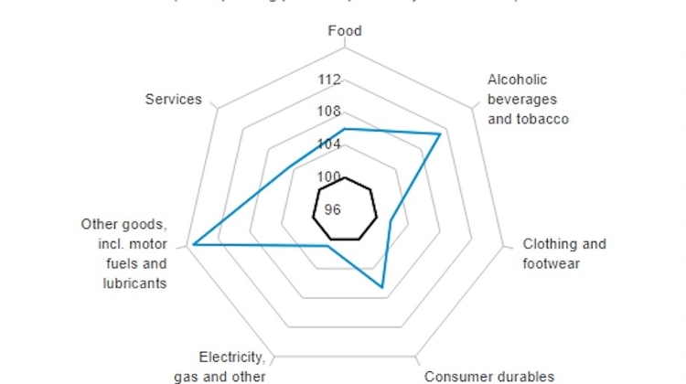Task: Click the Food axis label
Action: point(345,31)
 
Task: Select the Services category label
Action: point(173,99)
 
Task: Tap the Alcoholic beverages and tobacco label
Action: point(528,99)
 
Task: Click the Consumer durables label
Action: point(489,376)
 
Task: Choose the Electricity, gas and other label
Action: point(232,366)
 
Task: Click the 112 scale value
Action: point(329,80)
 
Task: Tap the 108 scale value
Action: point(329,112)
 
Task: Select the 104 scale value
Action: point(329,144)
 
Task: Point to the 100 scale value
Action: point(329,176)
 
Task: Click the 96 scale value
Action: point(331,209)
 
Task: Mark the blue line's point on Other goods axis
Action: point(193,244)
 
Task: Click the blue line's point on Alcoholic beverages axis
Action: point(441,135)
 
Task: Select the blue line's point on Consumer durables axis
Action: point(383,288)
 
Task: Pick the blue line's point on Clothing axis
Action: point(391,220)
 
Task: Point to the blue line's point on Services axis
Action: point(290,166)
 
